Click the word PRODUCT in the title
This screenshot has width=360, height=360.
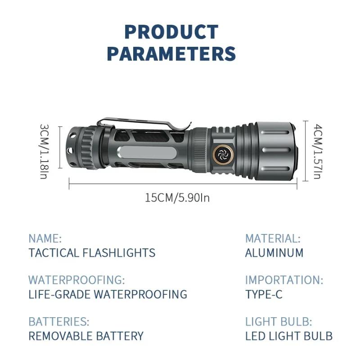click(171, 32)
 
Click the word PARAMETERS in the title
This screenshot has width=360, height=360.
click(171, 53)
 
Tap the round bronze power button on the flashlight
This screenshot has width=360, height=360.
click(222, 153)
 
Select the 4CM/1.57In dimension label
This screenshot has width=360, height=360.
click(316, 151)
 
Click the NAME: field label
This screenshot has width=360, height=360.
click(45, 238)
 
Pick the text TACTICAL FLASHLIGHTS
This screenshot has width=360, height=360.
click(92, 252)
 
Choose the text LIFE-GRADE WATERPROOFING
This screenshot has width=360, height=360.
click(108, 294)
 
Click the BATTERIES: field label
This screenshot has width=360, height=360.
click(59, 322)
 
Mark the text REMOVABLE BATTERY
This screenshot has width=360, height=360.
click(86, 336)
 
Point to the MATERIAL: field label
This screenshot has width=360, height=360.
click(273, 238)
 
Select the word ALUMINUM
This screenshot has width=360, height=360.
click(274, 252)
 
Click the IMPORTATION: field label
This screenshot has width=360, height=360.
click(284, 280)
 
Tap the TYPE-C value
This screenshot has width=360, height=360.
click(264, 294)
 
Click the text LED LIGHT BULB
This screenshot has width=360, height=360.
click(288, 336)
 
